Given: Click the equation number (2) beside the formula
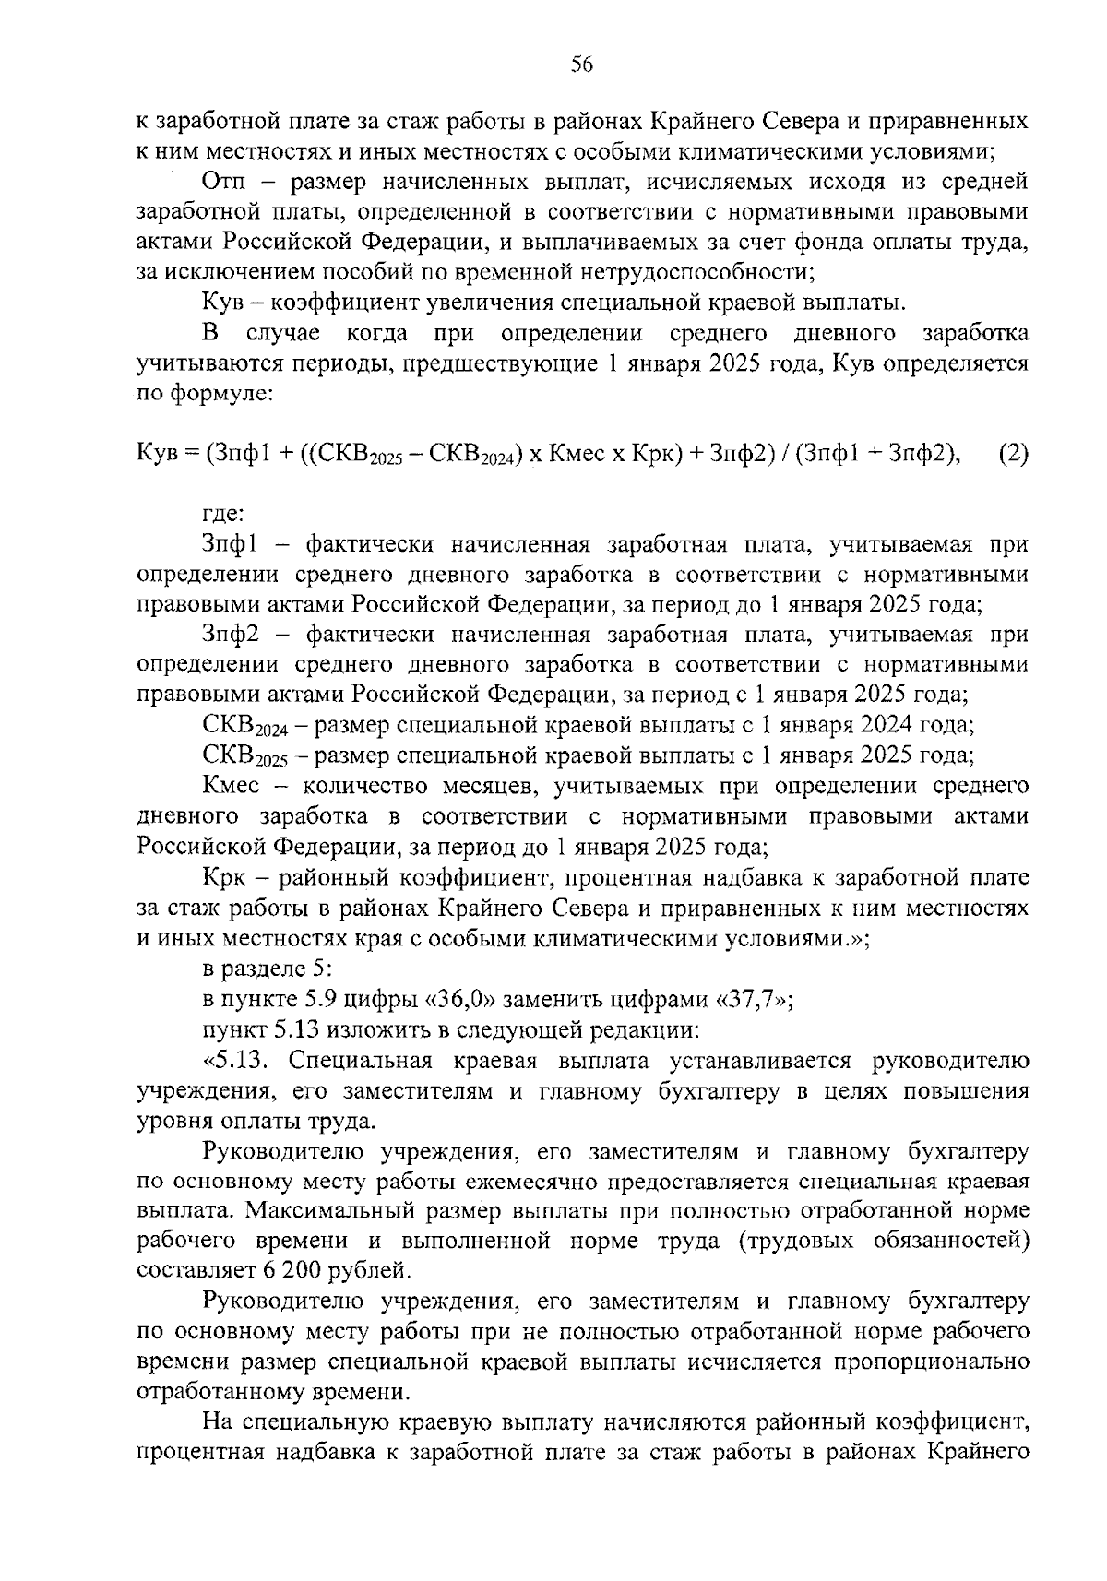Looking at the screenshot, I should point(1013,454).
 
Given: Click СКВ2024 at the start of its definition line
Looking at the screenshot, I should point(244,727).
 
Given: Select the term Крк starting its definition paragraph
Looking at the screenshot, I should point(222,877).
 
